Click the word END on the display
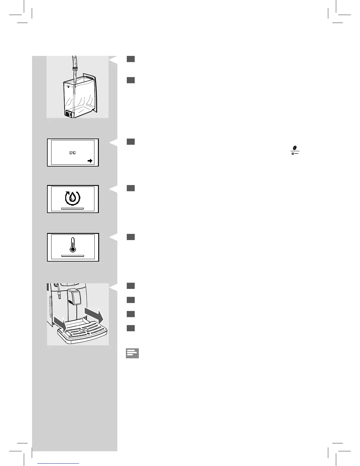click(73, 153)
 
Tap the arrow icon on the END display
click(90, 161)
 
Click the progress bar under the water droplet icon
click(73, 208)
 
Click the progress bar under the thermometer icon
click(73, 256)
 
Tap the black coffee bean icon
click(294, 148)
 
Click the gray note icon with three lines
click(132, 353)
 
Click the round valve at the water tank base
click(69, 113)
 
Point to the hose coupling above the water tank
click(75, 70)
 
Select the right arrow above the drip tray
click(94, 315)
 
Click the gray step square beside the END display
click(131, 142)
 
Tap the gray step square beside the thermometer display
click(131, 237)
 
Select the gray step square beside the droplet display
click(131, 188)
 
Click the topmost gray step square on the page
click(131, 59)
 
